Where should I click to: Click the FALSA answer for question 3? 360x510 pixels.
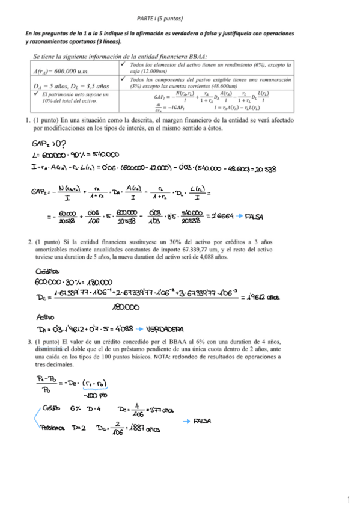[202, 421]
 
